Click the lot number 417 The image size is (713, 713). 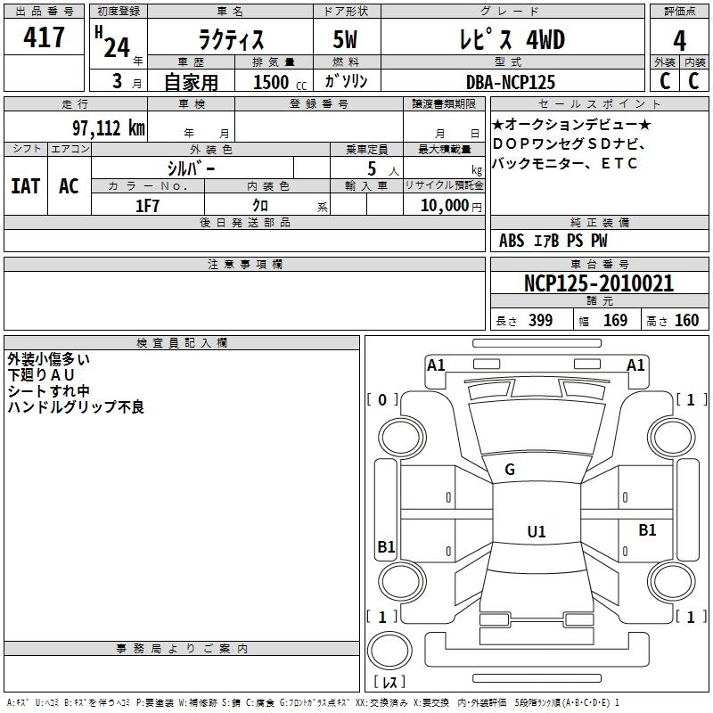(44, 37)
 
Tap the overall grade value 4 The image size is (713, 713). (679, 40)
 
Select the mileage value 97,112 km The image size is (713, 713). (109, 128)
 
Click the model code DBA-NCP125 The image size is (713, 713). (511, 82)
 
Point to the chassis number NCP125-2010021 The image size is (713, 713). (598, 283)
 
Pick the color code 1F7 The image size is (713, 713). (147, 206)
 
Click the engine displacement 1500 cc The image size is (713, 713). (280, 82)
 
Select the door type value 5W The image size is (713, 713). (345, 39)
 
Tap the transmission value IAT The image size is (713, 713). (26, 186)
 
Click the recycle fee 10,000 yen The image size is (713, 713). (451, 206)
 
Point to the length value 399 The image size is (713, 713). (540, 320)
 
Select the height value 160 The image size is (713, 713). (686, 320)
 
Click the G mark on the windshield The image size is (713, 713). (510, 469)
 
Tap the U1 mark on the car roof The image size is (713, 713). (537, 531)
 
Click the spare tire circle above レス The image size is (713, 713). (389, 651)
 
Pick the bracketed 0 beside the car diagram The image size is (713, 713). (382, 399)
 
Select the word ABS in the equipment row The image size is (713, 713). (512, 240)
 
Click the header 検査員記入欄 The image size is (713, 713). (182, 343)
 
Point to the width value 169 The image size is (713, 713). (615, 320)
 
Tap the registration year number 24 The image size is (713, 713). (117, 47)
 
